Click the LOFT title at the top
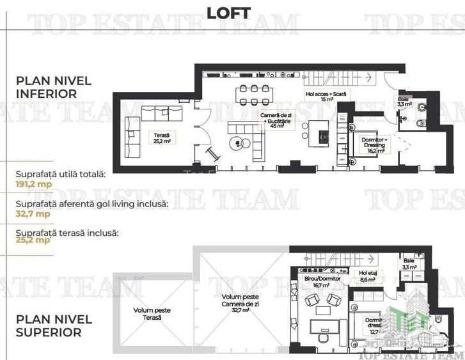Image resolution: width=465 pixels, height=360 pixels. click(x=229, y=13)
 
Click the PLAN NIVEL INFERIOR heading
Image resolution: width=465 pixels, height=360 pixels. click(x=54, y=87)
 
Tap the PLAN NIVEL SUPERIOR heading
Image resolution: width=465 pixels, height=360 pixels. click(x=54, y=325)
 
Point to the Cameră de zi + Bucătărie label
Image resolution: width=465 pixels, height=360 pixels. click(x=272, y=120)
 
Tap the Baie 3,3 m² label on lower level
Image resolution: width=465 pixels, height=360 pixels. click(x=404, y=102)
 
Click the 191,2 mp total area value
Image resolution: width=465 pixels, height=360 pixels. click(x=33, y=184)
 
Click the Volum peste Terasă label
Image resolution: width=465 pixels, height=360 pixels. click(x=152, y=313)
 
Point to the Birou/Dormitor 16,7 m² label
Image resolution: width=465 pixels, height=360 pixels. click(x=318, y=282)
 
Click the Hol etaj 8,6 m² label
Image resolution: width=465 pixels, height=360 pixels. click(x=368, y=276)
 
